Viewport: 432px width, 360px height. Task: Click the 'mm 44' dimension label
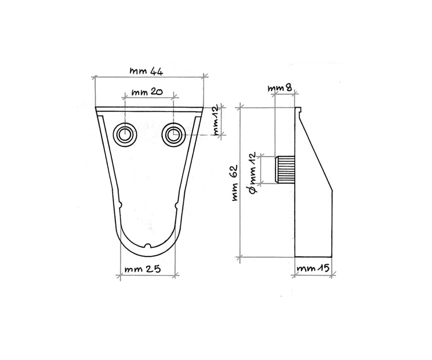pyautogui.click(x=146, y=71)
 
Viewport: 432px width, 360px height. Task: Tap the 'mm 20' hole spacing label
pyautogui.click(x=147, y=92)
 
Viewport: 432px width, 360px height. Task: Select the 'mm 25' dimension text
pyautogui.click(x=143, y=269)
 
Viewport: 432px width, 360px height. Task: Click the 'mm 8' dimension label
pyautogui.click(x=280, y=88)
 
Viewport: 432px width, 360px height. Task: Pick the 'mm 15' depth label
pyautogui.click(x=313, y=268)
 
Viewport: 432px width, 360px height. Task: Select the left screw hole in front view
pyautogui.click(x=125, y=135)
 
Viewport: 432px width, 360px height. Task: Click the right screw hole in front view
pyautogui.click(x=174, y=135)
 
